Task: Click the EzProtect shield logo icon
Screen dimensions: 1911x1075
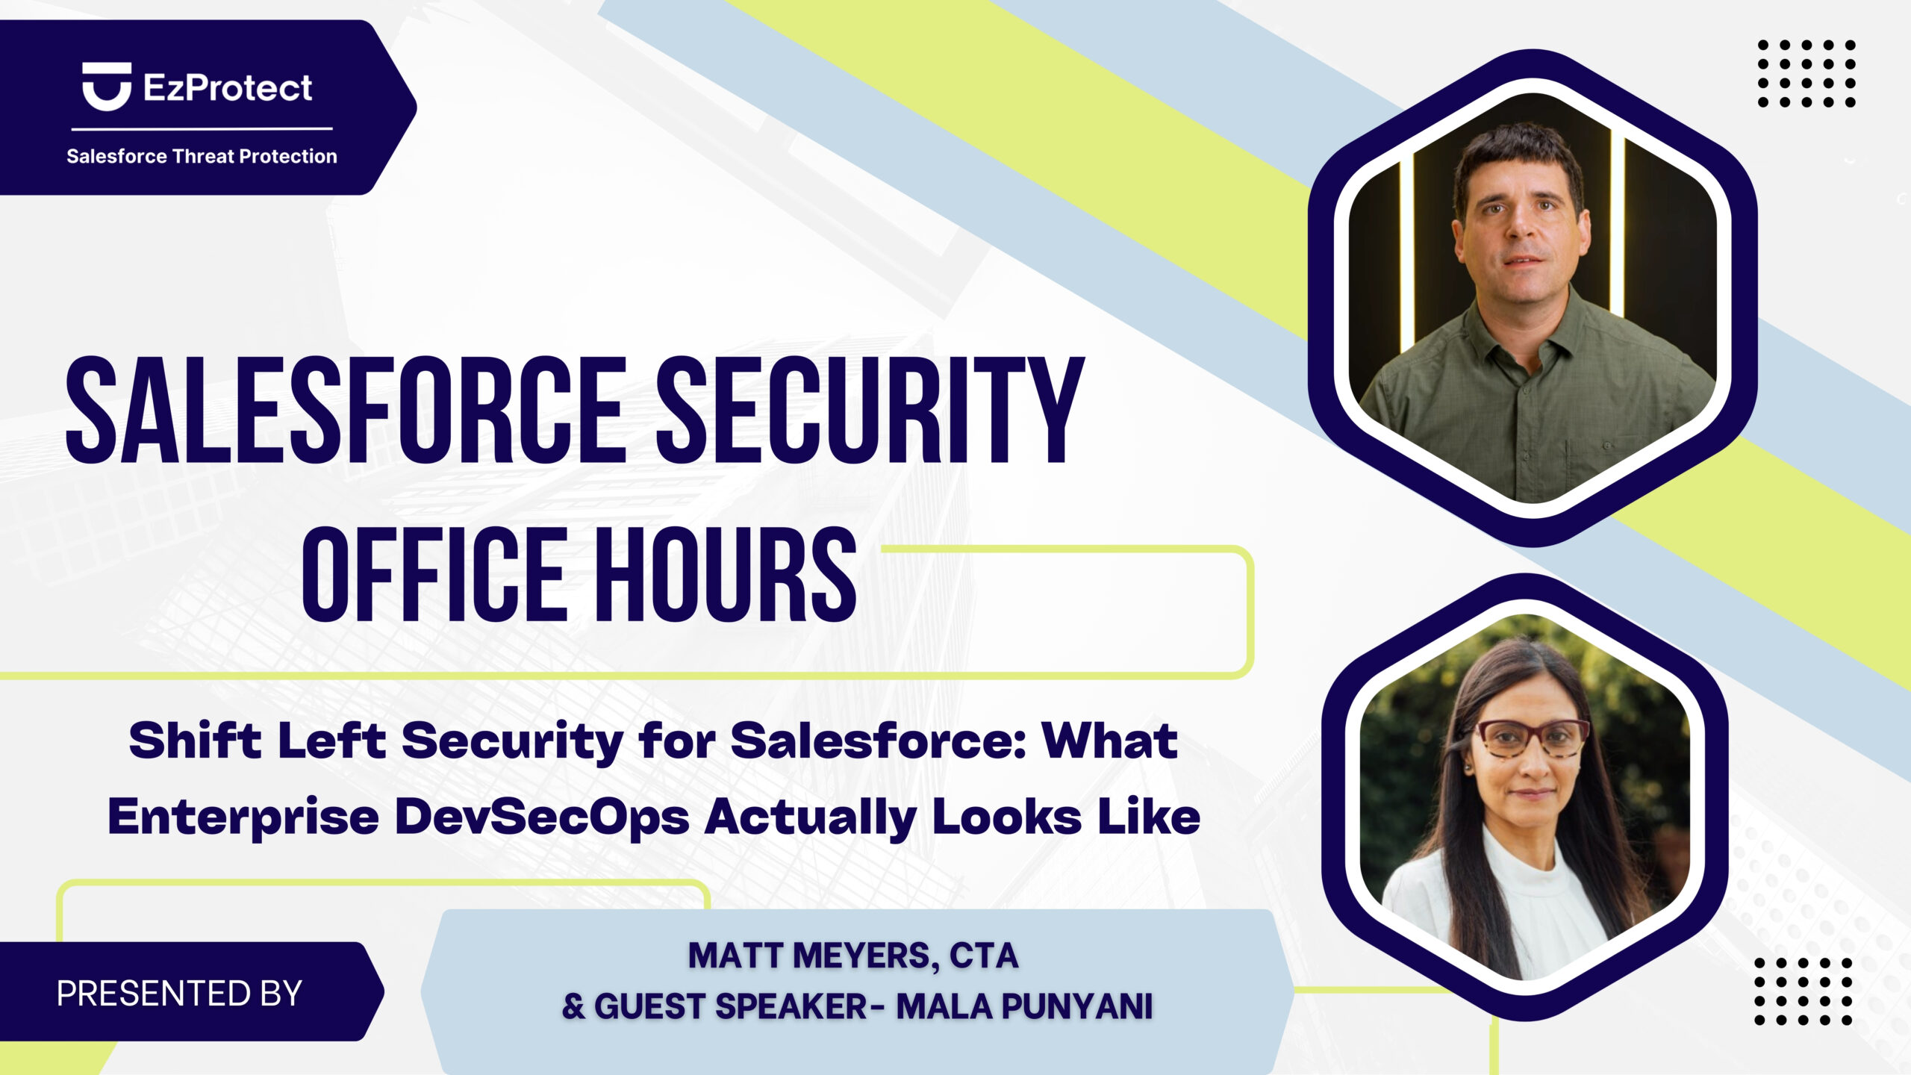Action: click(107, 86)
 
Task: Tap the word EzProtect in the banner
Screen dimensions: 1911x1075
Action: click(228, 88)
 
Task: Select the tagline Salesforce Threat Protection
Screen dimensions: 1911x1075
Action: click(202, 156)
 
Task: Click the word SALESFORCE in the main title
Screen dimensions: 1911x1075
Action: click(346, 410)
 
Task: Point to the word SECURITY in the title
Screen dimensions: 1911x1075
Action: click(870, 410)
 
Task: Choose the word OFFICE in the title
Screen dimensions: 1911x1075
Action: click(434, 573)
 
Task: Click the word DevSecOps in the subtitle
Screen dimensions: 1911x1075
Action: click(542, 817)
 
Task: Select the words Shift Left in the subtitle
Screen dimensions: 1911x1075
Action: click(258, 741)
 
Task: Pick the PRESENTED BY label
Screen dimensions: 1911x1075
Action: click(179, 994)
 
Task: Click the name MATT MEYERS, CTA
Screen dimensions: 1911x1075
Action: click(853, 956)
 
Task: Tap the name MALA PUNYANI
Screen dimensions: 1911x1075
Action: click(1024, 1006)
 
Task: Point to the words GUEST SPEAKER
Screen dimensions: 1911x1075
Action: click(730, 1006)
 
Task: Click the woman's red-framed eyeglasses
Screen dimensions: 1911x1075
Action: click(1533, 738)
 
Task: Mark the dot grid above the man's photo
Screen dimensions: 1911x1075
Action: click(1806, 74)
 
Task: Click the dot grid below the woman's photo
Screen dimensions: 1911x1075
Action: click(1804, 991)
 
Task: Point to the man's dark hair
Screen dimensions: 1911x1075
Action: click(1519, 161)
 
